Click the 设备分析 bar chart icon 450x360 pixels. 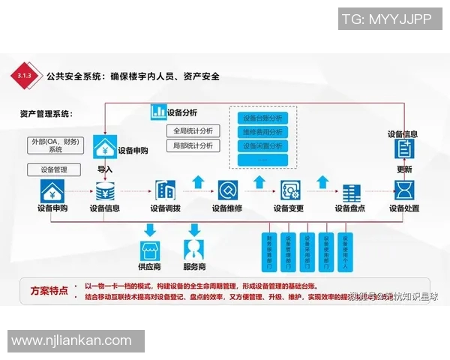[158, 112]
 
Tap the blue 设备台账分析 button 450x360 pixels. [262, 118]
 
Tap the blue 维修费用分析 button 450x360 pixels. [262, 132]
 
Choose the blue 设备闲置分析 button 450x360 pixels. [262, 145]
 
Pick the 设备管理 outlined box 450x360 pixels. [54, 169]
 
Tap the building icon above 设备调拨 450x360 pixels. [165, 190]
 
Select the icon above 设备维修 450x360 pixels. [227, 190]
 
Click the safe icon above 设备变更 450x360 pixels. [289, 190]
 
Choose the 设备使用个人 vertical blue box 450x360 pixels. [345, 252]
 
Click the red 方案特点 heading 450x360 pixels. [49, 289]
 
